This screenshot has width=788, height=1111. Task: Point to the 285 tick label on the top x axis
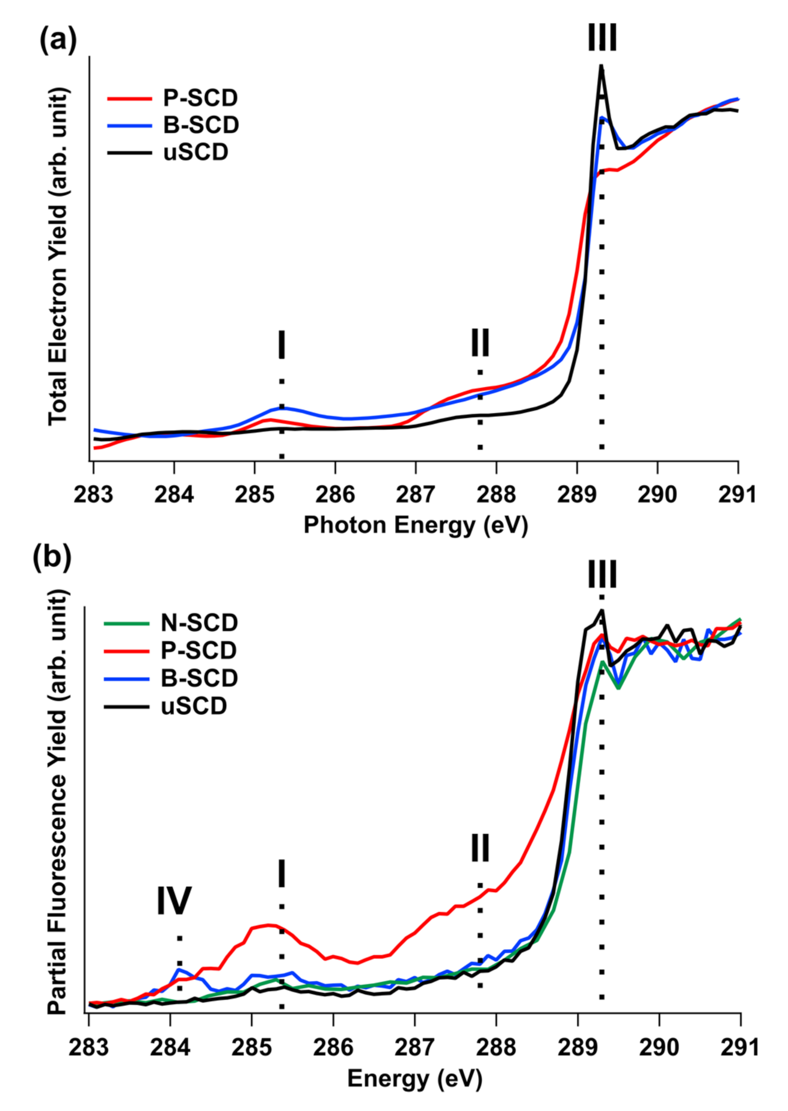click(254, 494)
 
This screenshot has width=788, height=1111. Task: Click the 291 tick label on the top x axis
click(737, 494)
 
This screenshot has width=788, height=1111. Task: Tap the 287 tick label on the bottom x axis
click(414, 1047)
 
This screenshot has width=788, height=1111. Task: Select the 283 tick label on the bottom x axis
click(88, 1047)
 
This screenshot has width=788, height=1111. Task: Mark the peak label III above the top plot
click(602, 38)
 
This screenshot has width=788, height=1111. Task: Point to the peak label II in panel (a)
click(480, 343)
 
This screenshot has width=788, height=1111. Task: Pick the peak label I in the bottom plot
click(281, 874)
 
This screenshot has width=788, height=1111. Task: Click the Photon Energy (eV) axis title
click(415, 525)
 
